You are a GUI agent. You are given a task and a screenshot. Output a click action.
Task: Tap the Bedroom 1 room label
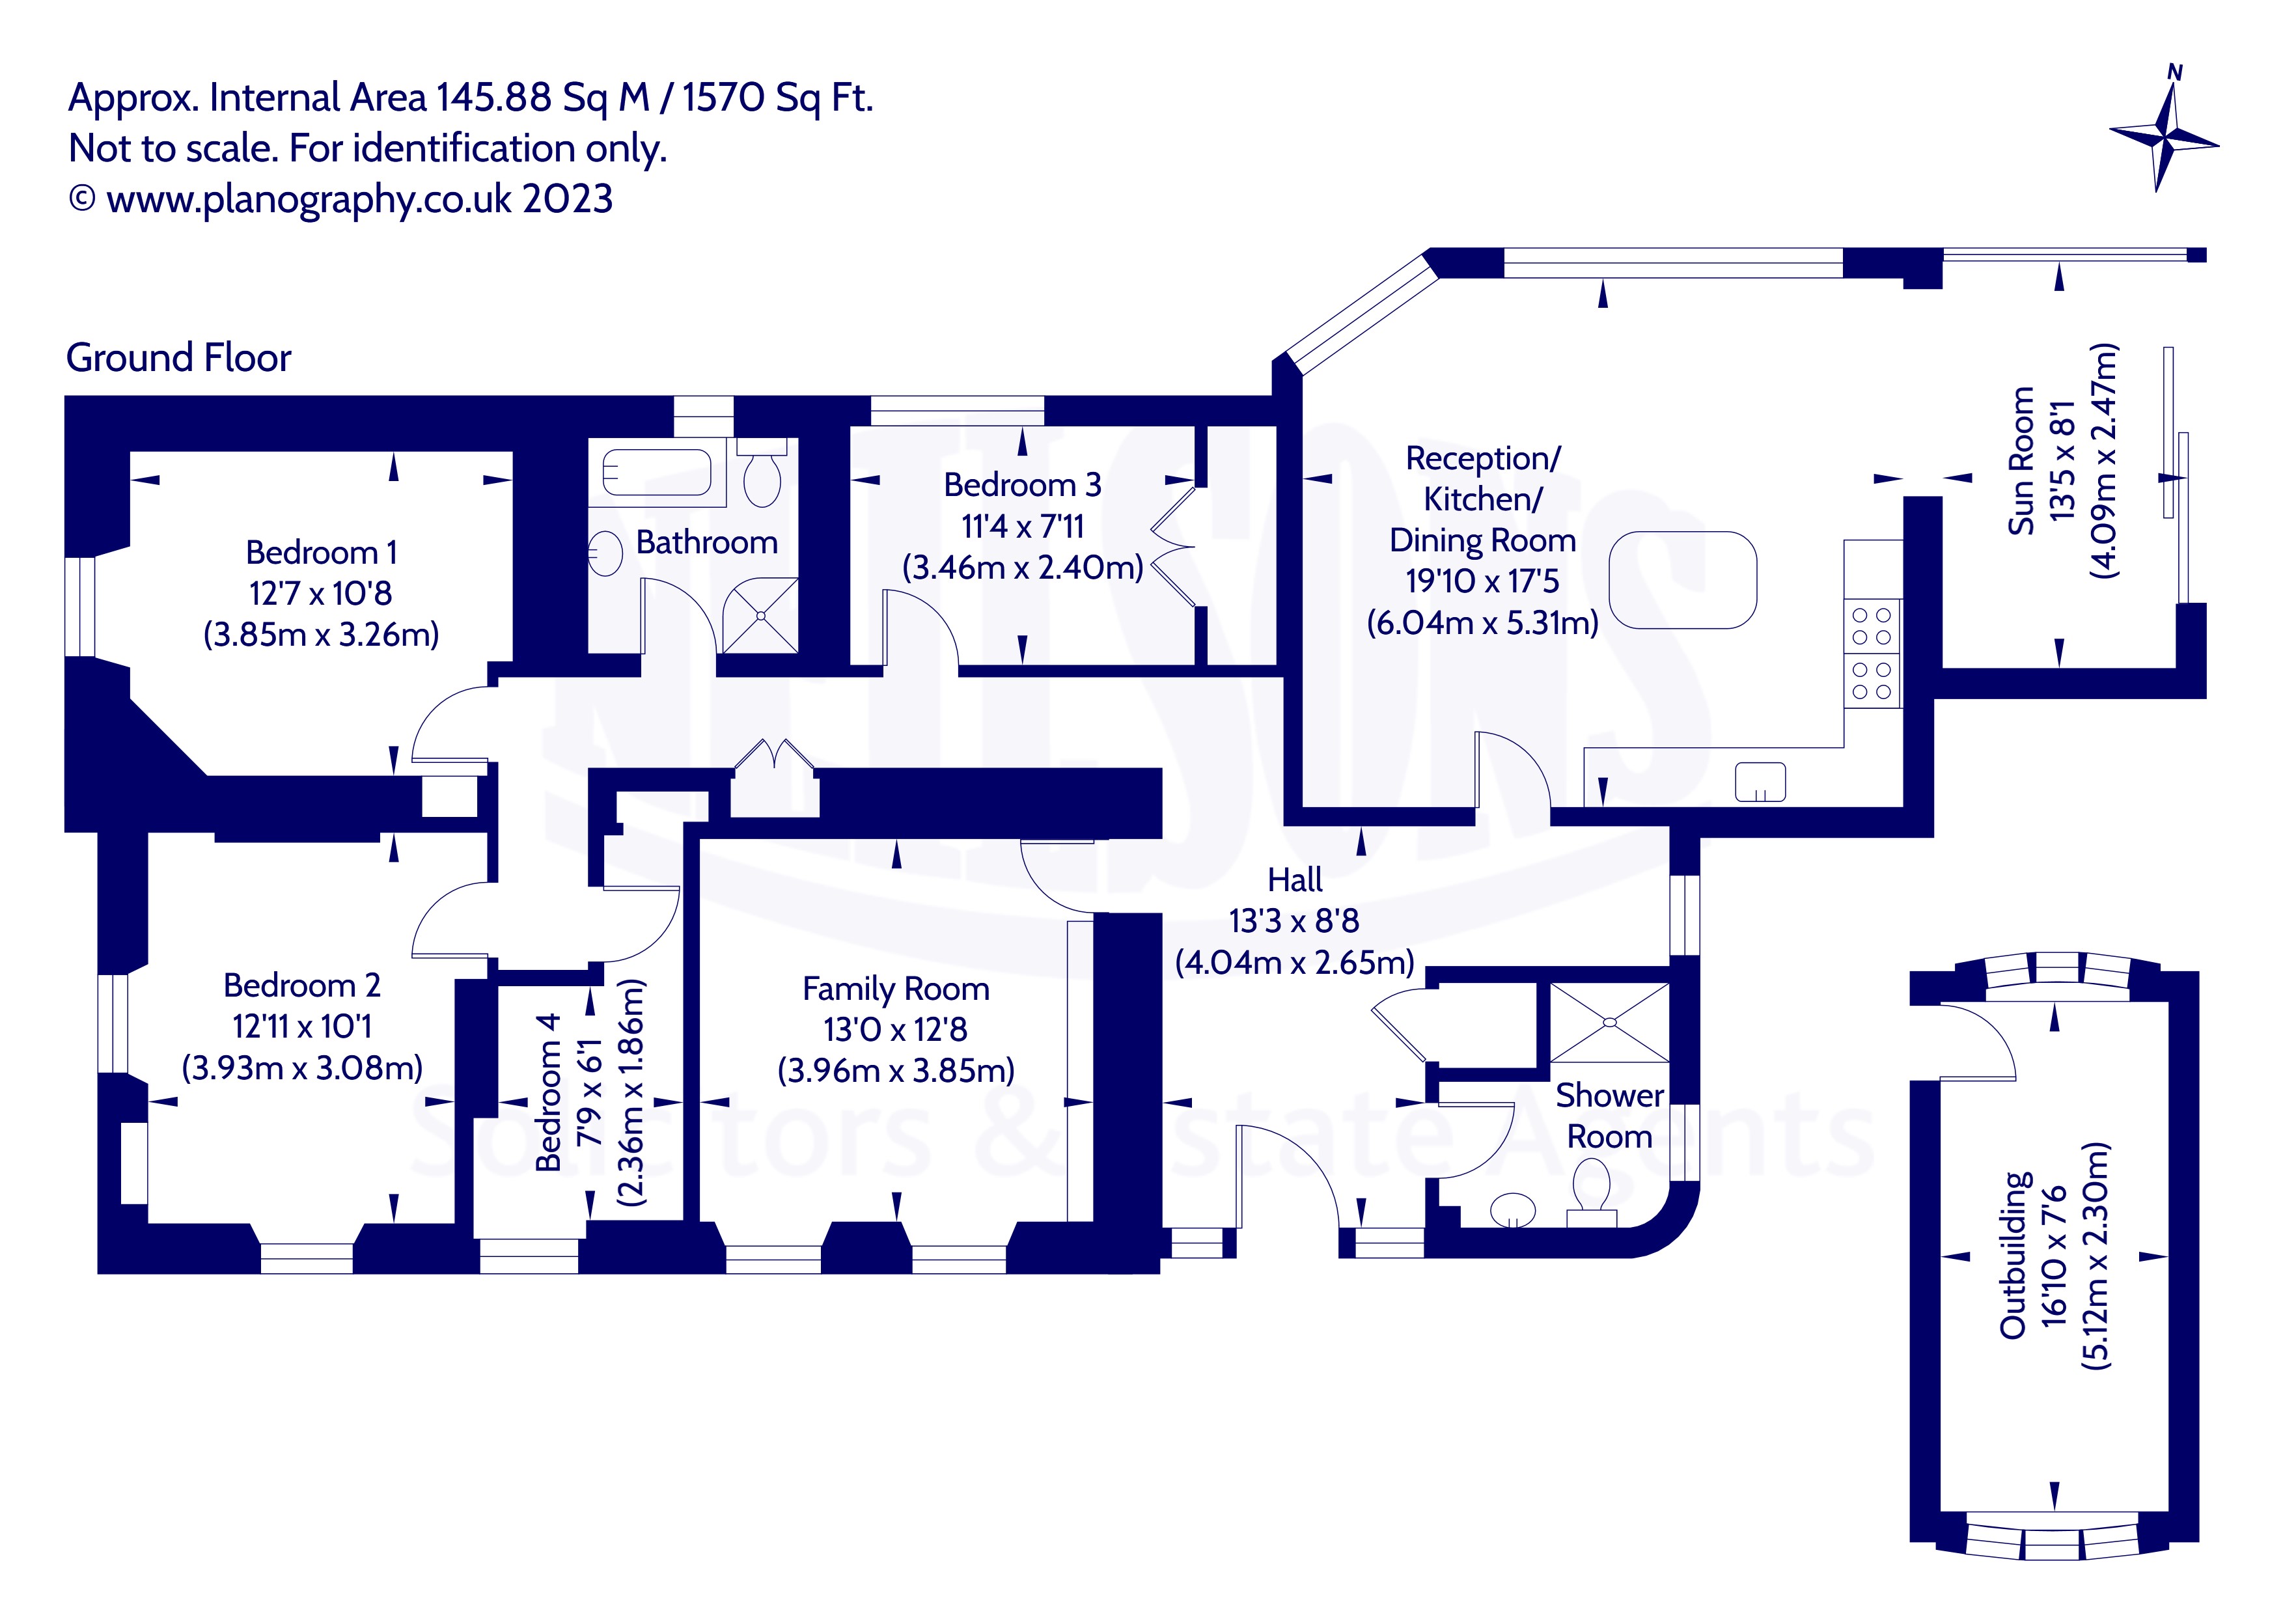(x=321, y=552)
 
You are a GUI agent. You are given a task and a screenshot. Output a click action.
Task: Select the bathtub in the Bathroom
(x=656, y=473)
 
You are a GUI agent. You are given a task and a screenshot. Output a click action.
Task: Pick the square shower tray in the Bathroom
(x=760, y=616)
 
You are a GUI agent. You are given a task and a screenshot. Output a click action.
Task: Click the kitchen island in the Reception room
(x=1682, y=581)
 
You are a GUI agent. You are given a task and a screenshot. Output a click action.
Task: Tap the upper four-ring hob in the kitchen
(x=1872, y=626)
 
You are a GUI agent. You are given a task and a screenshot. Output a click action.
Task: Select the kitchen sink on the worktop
(x=1760, y=782)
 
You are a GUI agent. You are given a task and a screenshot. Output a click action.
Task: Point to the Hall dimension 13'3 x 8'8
(x=1294, y=921)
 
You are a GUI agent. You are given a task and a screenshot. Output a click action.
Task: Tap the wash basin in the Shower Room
(x=1514, y=1209)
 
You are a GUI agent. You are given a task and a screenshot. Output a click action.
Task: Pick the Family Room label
(x=896, y=989)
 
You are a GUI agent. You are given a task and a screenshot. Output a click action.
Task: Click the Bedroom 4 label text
(x=548, y=1092)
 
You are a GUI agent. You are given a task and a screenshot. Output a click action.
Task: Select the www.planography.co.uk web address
(x=309, y=199)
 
